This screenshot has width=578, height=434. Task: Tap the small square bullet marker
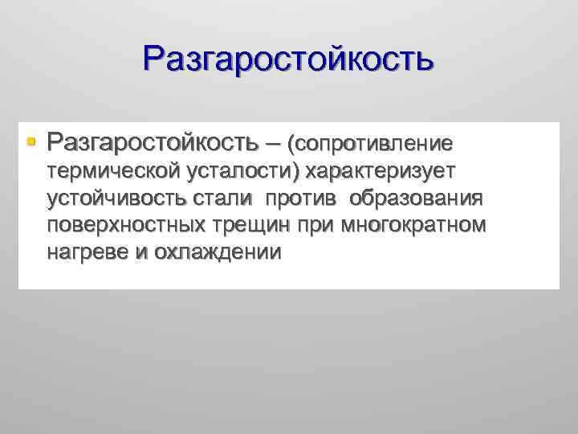click(x=31, y=142)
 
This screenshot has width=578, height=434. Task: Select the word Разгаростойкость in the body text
click(x=153, y=143)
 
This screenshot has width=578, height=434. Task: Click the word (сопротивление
click(x=375, y=144)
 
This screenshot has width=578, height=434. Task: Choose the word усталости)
click(x=244, y=171)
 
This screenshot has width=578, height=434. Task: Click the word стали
click(x=226, y=199)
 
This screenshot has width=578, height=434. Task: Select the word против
click(x=302, y=199)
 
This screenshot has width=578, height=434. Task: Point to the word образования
click(x=415, y=199)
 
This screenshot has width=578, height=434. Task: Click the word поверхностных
click(x=125, y=226)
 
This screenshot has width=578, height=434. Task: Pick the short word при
click(x=317, y=226)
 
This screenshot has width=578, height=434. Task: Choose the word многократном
click(x=413, y=226)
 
